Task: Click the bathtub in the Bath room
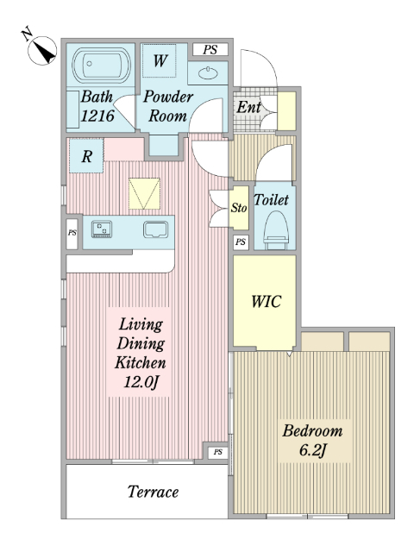click(x=102, y=65)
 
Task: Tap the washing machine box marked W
click(x=159, y=60)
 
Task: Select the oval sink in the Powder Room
click(x=208, y=73)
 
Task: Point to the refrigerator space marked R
click(x=86, y=156)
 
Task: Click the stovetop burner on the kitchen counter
click(x=102, y=229)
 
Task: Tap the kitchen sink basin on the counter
click(x=155, y=229)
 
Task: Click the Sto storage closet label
click(x=239, y=208)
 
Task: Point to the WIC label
click(x=267, y=302)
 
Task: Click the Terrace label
click(x=153, y=492)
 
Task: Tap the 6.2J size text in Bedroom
click(x=312, y=450)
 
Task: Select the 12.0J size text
click(x=141, y=382)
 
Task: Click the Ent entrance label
click(x=248, y=107)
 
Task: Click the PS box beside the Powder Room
click(x=210, y=50)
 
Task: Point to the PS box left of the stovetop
click(x=72, y=234)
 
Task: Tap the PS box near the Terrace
click(x=218, y=452)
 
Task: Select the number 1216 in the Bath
click(x=97, y=116)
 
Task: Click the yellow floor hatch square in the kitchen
click(x=144, y=193)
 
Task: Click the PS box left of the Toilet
click(x=241, y=242)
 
